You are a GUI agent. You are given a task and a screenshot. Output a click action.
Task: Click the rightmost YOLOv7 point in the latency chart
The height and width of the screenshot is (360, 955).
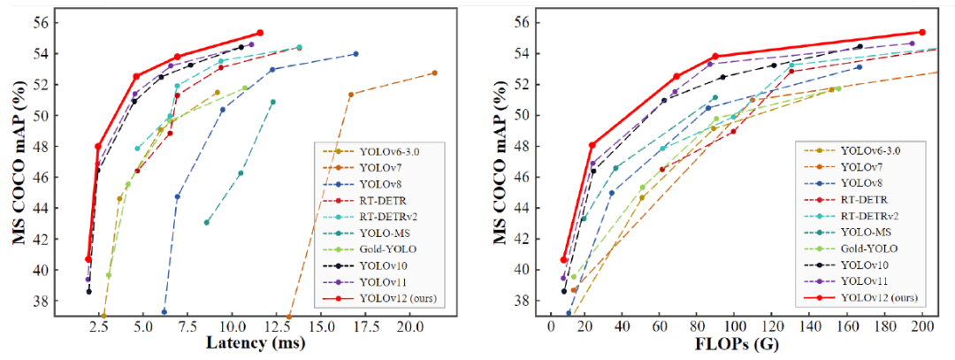click(x=434, y=73)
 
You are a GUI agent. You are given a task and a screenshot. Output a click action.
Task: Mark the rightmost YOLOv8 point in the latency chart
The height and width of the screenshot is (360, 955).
click(x=355, y=54)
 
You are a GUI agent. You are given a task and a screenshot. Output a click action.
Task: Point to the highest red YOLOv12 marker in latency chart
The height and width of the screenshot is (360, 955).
click(x=260, y=33)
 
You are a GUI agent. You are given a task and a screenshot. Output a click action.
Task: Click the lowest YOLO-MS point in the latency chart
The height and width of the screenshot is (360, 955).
click(x=206, y=222)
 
